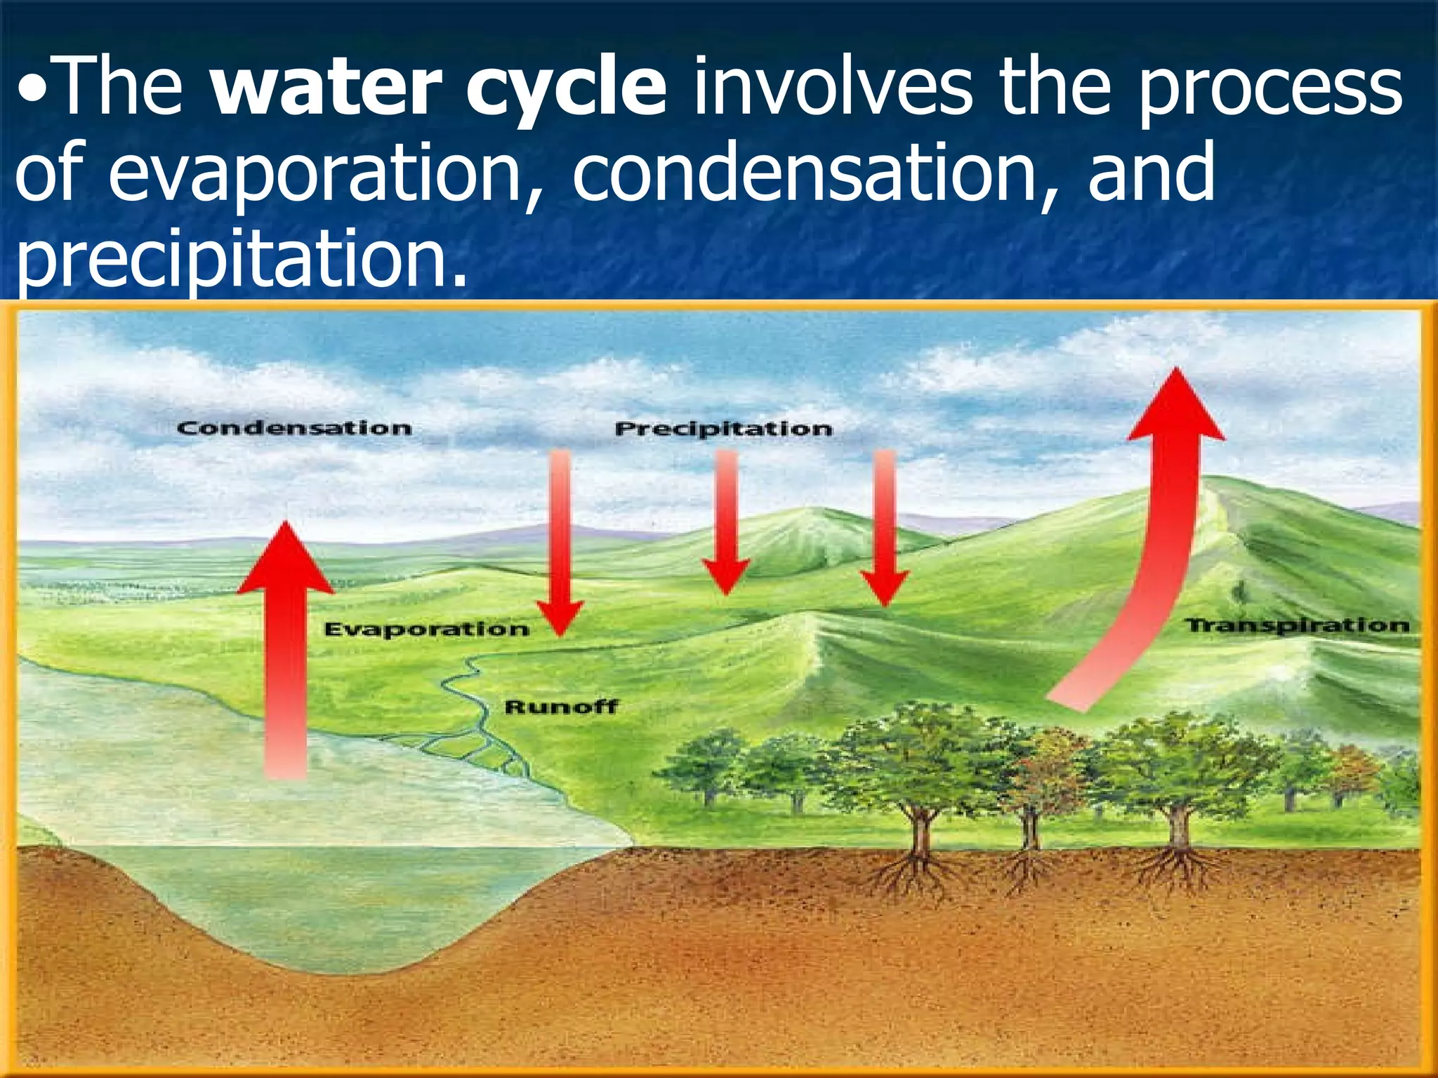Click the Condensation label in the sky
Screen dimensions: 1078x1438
(294, 427)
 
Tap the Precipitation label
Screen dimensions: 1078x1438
(723, 429)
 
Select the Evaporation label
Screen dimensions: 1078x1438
(426, 629)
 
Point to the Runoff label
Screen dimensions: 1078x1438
(561, 706)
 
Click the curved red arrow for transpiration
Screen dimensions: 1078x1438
(1152, 561)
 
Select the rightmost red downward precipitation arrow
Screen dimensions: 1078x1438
(885, 526)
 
